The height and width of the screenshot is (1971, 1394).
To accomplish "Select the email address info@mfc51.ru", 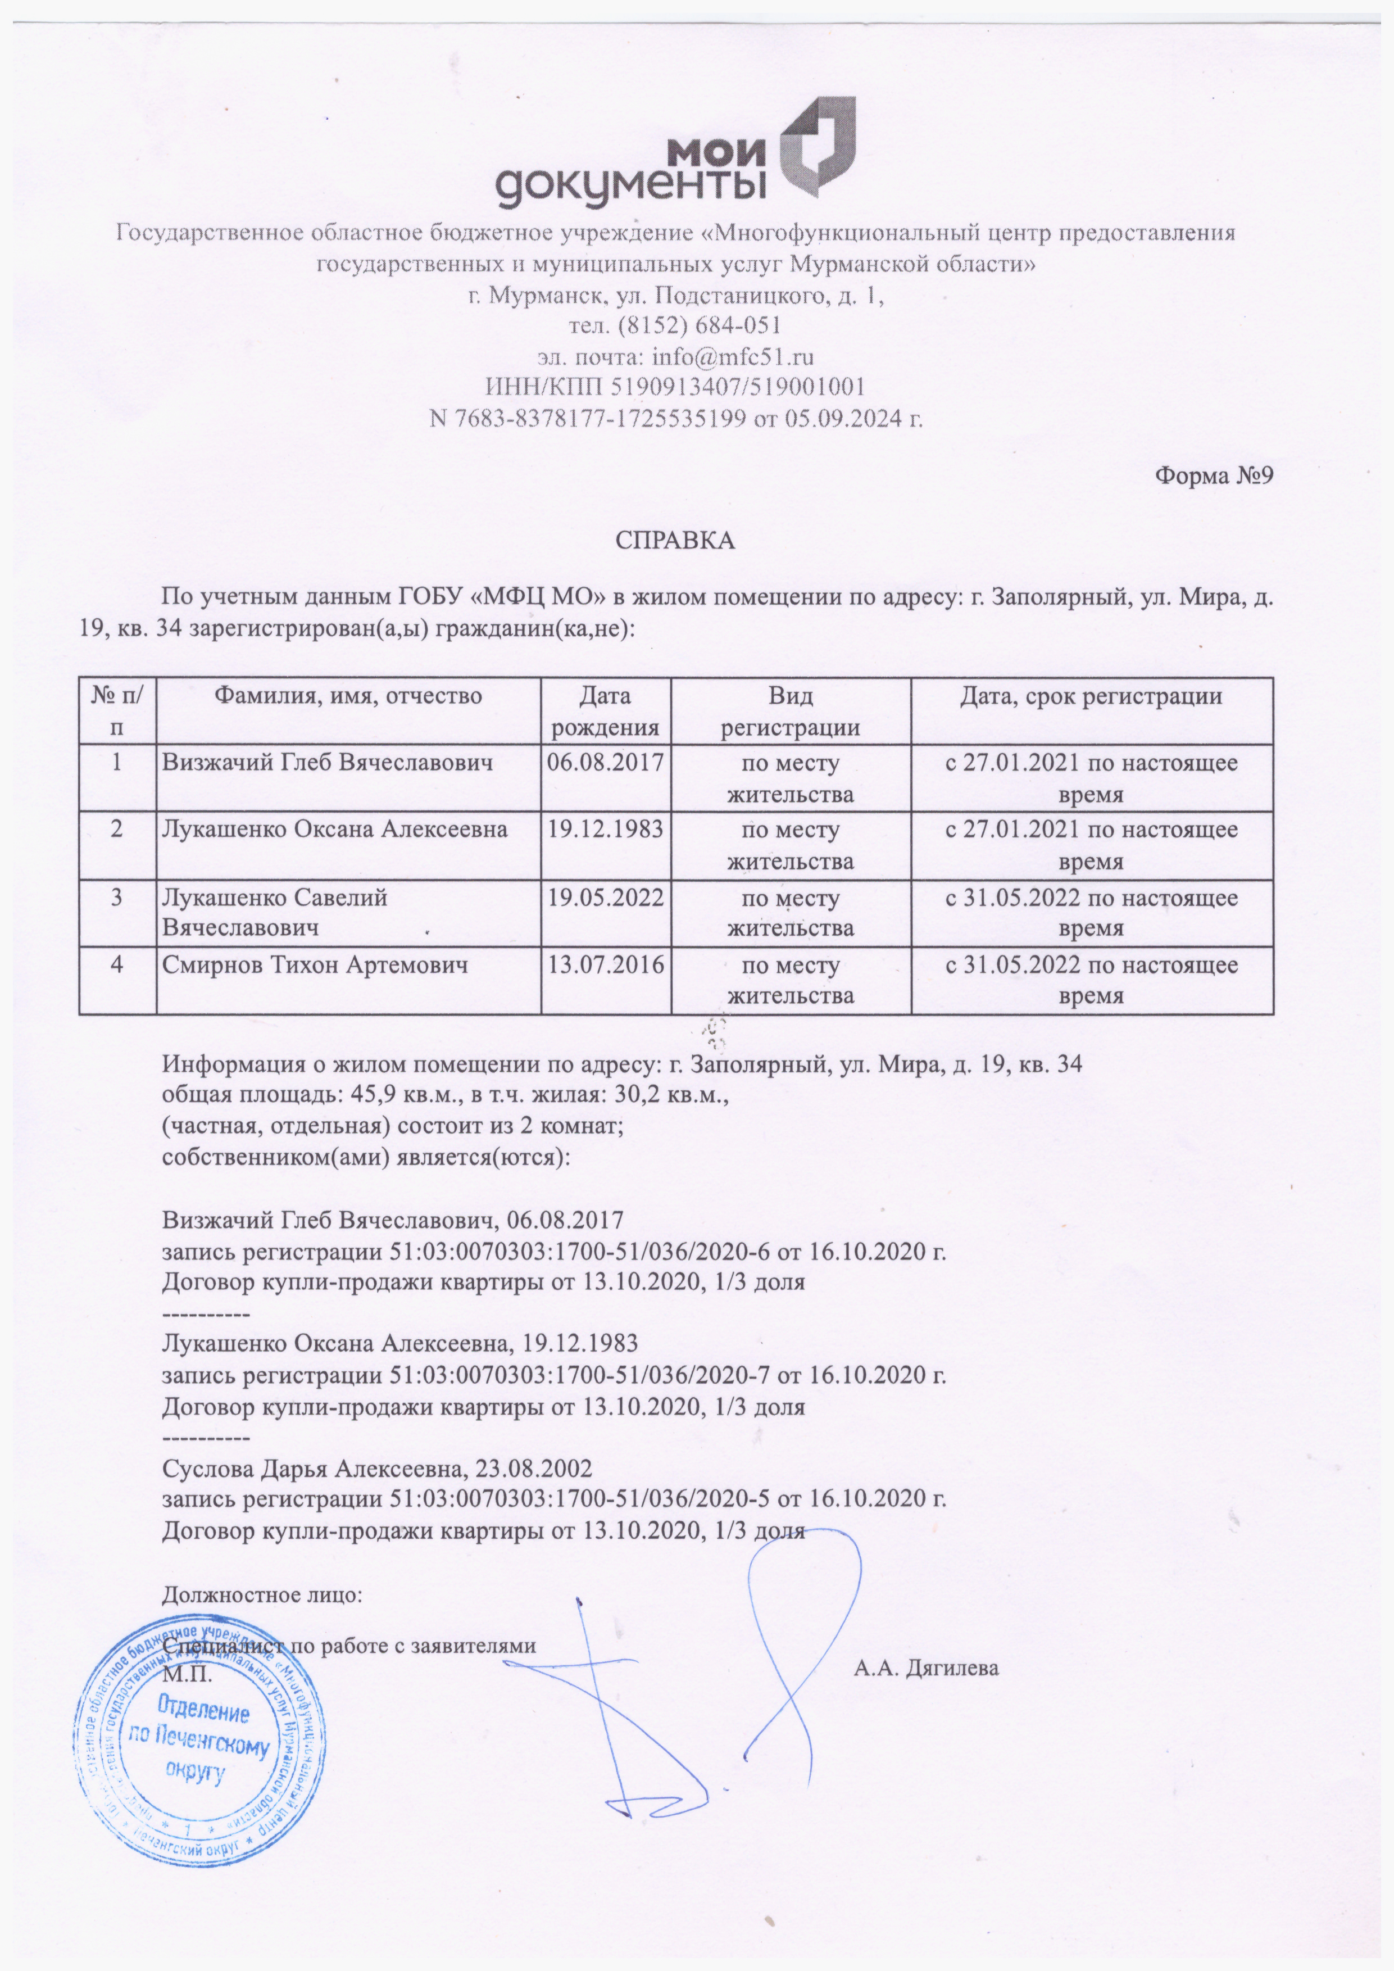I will [733, 357].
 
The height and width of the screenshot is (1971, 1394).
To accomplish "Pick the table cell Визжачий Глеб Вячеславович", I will [328, 762].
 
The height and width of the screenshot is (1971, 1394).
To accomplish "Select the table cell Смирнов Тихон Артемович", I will [316, 966].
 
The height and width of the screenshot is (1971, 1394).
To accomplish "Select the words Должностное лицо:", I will [262, 1596].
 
